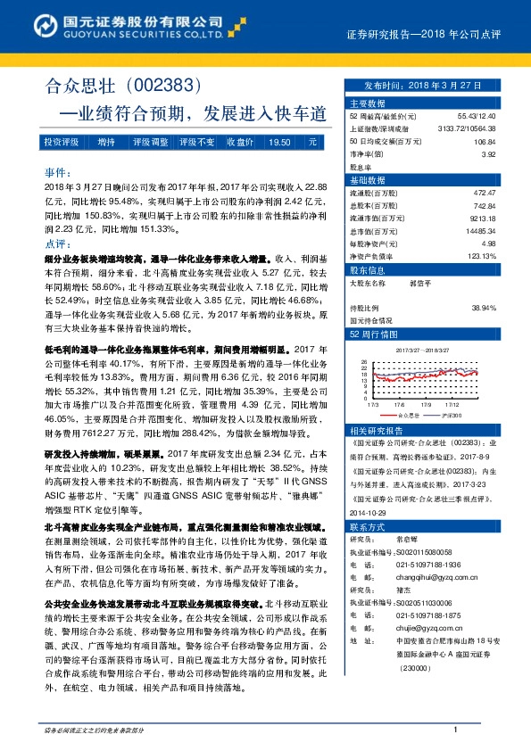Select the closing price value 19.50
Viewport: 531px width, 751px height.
click(278, 142)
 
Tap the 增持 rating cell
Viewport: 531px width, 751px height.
click(106, 142)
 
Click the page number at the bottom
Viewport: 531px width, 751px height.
click(455, 730)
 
